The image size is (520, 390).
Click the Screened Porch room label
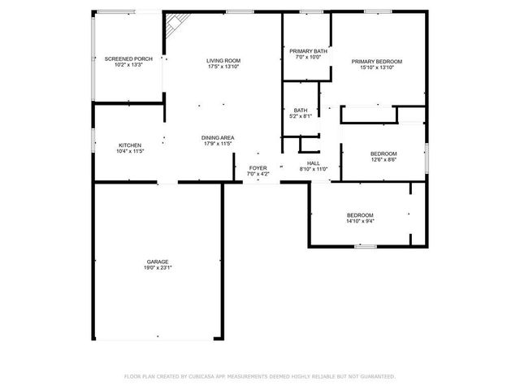click(x=129, y=59)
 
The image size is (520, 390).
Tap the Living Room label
click(x=223, y=60)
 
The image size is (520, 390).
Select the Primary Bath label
click(x=308, y=50)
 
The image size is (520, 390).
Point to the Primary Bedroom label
click(x=376, y=62)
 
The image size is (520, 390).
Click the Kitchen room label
click(x=130, y=145)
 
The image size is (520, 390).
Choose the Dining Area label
click(x=218, y=137)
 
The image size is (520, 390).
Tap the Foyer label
click(x=257, y=167)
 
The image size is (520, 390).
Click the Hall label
click(x=313, y=162)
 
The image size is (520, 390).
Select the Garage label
click(x=158, y=262)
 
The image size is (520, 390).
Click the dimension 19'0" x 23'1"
click(x=158, y=267)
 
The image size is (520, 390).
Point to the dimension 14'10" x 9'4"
click(x=360, y=220)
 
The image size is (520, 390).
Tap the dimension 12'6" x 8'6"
click(x=383, y=159)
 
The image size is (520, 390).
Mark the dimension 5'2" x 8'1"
click(x=301, y=116)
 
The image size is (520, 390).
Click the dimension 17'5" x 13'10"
click(x=223, y=66)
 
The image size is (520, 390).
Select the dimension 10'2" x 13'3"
click(x=129, y=65)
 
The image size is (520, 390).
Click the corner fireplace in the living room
click(x=172, y=28)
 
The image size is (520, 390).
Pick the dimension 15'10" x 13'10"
click(x=376, y=67)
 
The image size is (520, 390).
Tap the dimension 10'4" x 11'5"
click(x=130, y=151)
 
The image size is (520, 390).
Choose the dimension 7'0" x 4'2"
click(x=257, y=173)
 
